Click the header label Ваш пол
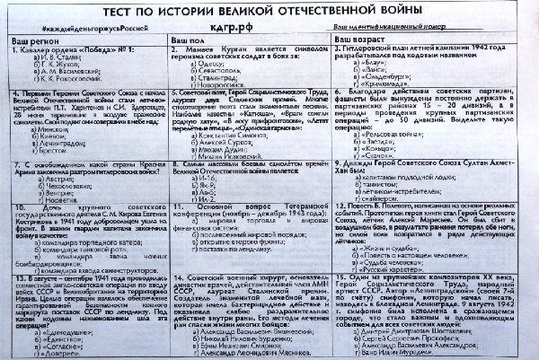tap(190, 43)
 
